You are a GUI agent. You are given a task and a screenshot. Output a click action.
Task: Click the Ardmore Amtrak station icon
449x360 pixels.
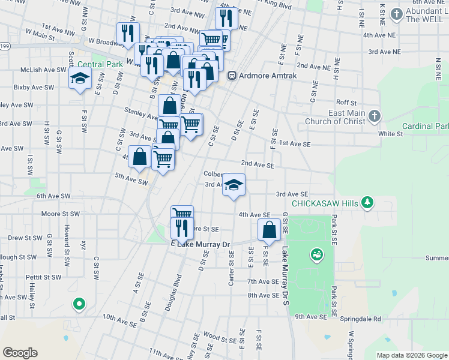coord(232,76)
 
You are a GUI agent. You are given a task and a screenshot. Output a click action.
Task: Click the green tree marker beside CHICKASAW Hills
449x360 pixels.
coord(367,203)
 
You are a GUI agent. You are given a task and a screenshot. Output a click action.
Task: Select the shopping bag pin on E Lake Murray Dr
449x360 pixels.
coord(270,230)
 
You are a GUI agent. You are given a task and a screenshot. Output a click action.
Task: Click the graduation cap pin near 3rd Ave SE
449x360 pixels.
coord(234,185)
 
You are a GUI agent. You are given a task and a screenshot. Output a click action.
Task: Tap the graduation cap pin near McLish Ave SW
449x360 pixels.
coord(79,79)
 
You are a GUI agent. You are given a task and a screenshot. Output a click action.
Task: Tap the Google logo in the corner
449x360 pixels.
coord(20,353)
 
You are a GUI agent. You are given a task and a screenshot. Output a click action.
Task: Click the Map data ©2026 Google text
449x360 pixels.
coord(412,355)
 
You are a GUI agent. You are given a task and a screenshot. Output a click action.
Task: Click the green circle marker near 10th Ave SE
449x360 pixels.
coord(79,304)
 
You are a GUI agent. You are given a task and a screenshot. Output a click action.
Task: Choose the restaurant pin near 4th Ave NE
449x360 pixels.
coord(226,18)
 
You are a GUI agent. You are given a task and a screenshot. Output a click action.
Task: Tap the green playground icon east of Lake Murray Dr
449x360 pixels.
coord(316,256)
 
